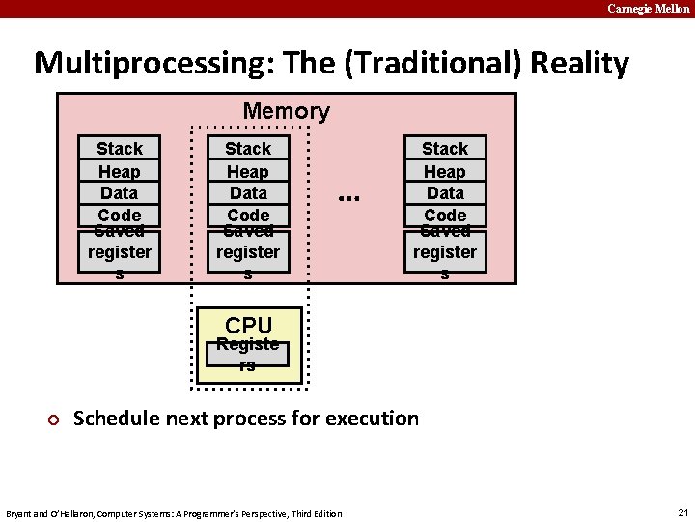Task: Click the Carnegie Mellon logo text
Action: click(648, 9)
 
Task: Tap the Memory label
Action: click(286, 111)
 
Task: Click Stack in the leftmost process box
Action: click(120, 148)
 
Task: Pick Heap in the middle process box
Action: click(248, 171)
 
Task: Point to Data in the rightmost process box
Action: click(445, 192)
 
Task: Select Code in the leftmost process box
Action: click(120, 215)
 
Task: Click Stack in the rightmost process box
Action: click(445, 148)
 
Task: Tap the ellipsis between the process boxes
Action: click(348, 196)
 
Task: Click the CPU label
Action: click(248, 325)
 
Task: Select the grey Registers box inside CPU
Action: click(248, 355)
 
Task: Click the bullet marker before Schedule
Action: click(54, 420)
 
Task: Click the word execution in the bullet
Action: click(373, 419)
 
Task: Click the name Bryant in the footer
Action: click(20, 513)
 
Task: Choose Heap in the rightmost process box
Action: click(445, 171)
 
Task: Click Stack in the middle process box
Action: click(248, 148)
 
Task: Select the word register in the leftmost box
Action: click(120, 252)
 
